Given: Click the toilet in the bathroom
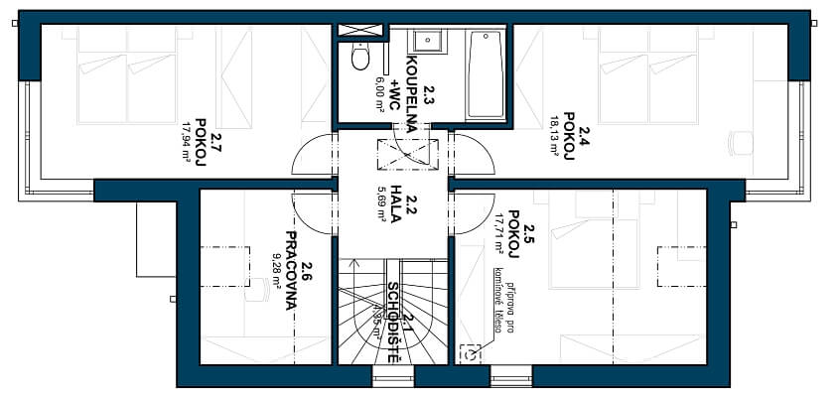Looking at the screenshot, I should [x=359, y=58].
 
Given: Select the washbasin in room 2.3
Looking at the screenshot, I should [x=428, y=41].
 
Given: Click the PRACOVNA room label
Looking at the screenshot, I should [x=291, y=271].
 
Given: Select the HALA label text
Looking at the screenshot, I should [x=394, y=202].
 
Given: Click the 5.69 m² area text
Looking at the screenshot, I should [x=380, y=202].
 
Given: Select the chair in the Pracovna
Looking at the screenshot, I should [x=256, y=289].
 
